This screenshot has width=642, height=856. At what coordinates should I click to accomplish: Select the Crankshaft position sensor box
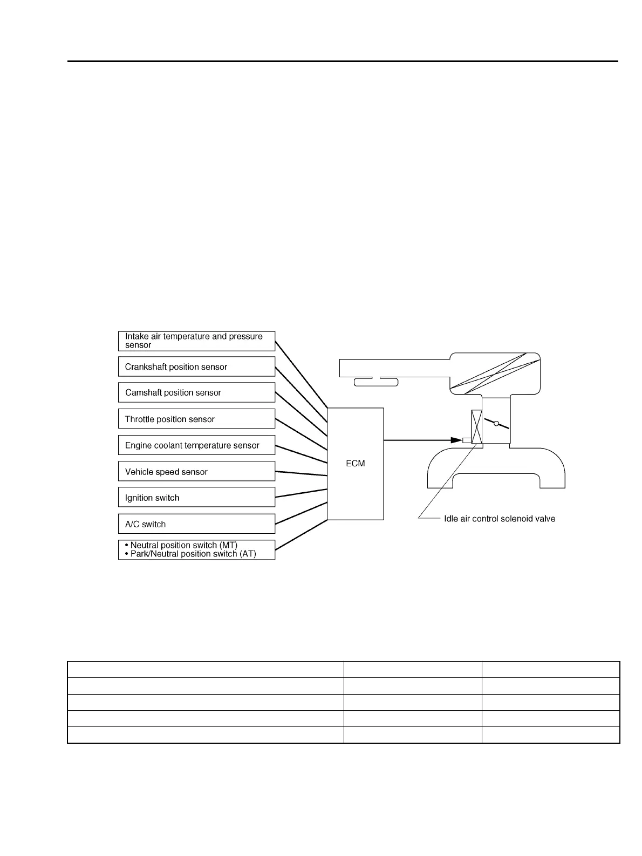[196, 367]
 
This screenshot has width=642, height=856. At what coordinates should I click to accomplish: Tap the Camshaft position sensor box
[196, 393]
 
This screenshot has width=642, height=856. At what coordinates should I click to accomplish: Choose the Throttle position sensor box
[196, 419]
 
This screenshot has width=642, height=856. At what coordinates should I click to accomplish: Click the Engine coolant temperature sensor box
[196, 445]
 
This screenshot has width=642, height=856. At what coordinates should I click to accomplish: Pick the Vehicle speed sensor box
[196, 472]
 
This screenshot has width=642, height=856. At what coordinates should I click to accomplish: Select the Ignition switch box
[196, 498]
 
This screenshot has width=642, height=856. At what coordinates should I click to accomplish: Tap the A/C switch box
[196, 524]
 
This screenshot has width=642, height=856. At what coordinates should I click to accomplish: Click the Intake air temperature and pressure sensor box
[196, 341]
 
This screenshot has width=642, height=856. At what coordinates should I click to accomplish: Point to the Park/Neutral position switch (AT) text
[193, 554]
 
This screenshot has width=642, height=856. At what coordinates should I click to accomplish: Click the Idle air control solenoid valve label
[499, 519]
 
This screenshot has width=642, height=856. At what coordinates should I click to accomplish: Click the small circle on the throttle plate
[496, 424]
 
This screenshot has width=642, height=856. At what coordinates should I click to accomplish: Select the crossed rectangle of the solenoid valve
[476, 427]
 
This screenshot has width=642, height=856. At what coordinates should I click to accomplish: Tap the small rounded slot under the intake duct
[375, 383]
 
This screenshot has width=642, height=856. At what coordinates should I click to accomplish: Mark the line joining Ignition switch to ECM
[301, 493]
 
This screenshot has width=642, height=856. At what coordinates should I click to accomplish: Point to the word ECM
[355, 464]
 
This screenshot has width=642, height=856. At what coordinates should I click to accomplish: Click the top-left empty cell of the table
[205, 669]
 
